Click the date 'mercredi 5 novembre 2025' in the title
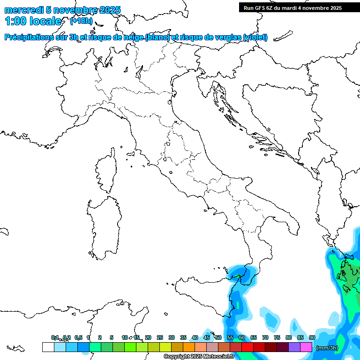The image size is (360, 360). pyautogui.click(x=62, y=10)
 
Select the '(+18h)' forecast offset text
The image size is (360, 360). pyautogui.click(x=81, y=21)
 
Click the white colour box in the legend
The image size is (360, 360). pyautogui.click(x=48, y=347)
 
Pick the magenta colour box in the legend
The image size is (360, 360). pyautogui.click(x=306, y=347)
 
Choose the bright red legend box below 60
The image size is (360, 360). pyautogui.click(x=247, y=347)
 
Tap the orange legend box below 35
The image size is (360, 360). pyautogui.click(x=188, y=347)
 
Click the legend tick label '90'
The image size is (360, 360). pyautogui.click(x=312, y=337)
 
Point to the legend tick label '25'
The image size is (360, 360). pyautogui.click(x=160, y=337)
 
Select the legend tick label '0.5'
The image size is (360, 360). pyautogui.click(x=78, y=337)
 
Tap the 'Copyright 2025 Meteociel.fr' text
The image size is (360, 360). pyautogui.click(x=199, y=357)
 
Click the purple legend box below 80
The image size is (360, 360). pyautogui.click(x=294, y=347)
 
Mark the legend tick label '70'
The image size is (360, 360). pyautogui.click(x=265, y=337)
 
